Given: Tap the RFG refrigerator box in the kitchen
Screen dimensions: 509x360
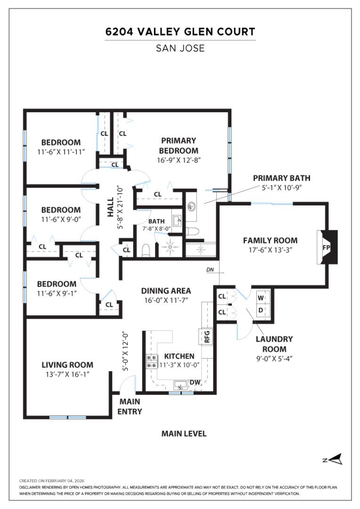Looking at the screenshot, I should click(206, 337).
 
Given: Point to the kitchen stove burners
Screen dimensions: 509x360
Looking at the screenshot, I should click(151, 361).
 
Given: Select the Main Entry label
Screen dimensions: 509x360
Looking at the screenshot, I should click(130, 407).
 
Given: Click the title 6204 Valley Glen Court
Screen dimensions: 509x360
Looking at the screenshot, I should click(180, 32).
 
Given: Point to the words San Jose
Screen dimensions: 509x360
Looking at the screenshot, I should click(180, 48).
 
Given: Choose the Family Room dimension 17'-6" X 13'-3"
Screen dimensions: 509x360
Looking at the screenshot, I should click(270, 250).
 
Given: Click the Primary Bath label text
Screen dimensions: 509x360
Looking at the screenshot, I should click(281, 178).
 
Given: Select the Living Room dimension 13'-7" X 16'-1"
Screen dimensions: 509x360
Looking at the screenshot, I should click(67, 374).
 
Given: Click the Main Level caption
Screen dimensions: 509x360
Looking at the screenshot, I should click(184, 434).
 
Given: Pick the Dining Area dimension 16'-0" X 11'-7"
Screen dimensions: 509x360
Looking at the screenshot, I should click(166, 300).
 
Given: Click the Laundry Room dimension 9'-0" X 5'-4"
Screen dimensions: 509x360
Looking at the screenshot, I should click(274, 358).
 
